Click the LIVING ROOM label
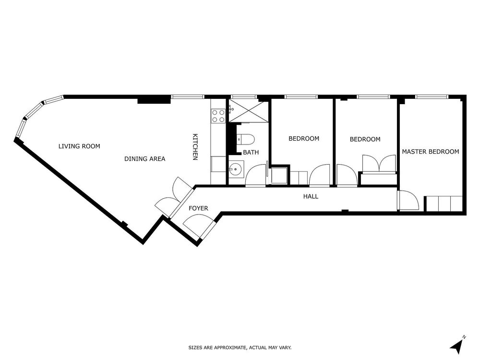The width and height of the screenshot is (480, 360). [79, 146]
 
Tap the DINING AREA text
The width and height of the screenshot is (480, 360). [145, 159]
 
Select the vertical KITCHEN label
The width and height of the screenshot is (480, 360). [195, 147]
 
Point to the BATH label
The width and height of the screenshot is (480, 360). [251, 152]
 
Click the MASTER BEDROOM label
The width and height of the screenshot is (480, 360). [431, 152]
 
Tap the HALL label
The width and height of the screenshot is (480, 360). [311, 196]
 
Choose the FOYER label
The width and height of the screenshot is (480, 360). [198, 208]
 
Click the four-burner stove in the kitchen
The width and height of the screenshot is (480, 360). [218, 116]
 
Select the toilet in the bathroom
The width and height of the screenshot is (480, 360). [246, 140]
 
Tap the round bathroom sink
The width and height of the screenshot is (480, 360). [236, 168]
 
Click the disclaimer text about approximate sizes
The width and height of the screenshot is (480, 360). [240, 348]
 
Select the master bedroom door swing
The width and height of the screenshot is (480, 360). [408, 200]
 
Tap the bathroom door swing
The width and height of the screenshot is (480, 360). [256, 175]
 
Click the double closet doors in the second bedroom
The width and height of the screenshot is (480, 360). [379, 164]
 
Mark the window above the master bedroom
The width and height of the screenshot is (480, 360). [432, 97]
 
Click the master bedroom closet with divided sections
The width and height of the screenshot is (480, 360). [444, 203]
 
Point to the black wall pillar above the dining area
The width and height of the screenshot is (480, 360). [154, 99]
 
